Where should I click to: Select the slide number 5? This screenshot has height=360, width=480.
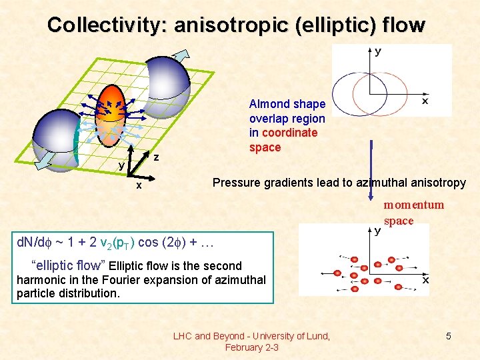pyautogui.click(x=449, y=336)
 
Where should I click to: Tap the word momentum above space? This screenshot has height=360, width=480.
pyautogui.click(x=413, y=205)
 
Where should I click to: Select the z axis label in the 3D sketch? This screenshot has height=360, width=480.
pyautogui.click(x=155, y=158)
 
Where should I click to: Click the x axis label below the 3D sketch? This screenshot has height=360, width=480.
pyautogui.click(x=139, y=186)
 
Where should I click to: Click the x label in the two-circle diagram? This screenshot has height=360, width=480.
pyautogui.click(x=425, y=101)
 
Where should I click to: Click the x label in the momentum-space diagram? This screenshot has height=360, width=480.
pyautogui.click(x=425, y=281)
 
